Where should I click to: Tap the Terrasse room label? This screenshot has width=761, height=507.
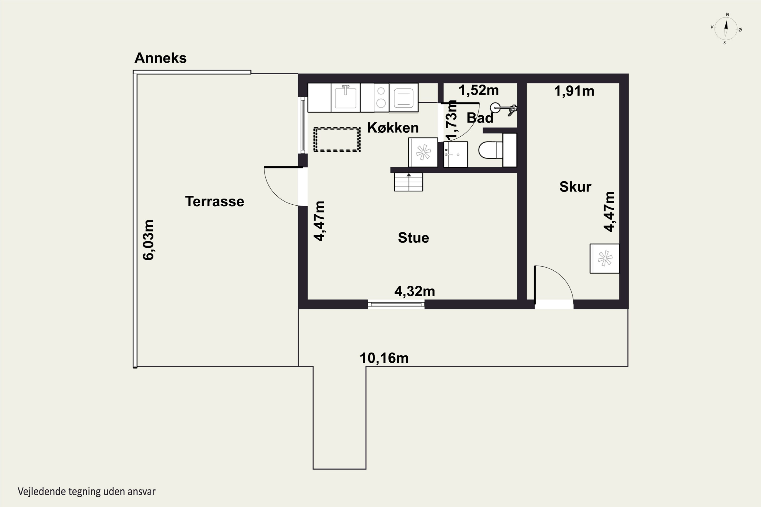point(215,202)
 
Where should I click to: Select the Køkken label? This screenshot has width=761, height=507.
point(393,128)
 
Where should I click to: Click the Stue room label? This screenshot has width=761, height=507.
point(413,238)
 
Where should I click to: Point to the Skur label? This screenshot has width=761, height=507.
point(575,187)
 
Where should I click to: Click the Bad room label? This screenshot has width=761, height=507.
point(480,118)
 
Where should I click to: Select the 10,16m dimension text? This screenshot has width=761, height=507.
point(384,358)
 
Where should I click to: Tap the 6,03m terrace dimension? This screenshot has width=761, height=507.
point(148,240)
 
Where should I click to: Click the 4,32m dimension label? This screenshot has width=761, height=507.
point(414,291)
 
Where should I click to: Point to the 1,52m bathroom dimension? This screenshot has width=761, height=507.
point(478,90)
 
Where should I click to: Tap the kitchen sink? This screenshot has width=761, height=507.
point(345,97)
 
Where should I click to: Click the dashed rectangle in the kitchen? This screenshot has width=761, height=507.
point(337,140)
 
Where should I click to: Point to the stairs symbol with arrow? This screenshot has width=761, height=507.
point(408,182)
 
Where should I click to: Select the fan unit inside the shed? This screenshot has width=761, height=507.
point(604,259)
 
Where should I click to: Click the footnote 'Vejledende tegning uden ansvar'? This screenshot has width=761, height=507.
point(87,492)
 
